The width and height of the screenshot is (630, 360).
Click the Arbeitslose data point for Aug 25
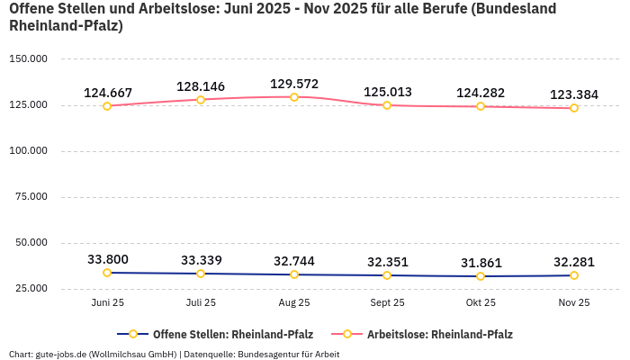[x=294, y=97]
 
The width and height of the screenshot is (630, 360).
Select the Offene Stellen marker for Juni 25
[x=107, y=273]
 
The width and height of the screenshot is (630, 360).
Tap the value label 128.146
[x=201, y=87]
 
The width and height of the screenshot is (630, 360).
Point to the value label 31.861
[x=481, y=263]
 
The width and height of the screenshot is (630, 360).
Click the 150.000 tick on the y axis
[x=28, y=58]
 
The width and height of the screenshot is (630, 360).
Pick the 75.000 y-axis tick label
[x=31, y=196]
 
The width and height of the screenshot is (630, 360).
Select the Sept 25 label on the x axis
[x=387, y=302]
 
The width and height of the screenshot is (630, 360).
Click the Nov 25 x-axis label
[x=574, y=302]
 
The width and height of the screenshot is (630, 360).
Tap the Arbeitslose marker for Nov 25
[x=574, y=108]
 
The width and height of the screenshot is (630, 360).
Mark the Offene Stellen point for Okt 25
[x=481, y=276]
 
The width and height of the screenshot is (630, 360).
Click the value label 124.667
[x=108, y=93]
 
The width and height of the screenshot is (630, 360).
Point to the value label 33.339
[x=201, y=260]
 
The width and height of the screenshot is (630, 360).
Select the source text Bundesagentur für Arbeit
[x=289, y=354]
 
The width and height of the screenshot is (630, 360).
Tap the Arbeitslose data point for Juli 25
[x=201, y=100]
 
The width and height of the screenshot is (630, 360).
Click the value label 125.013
[x=387, y=92]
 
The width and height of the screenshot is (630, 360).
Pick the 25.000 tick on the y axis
[x=31, y=288]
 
